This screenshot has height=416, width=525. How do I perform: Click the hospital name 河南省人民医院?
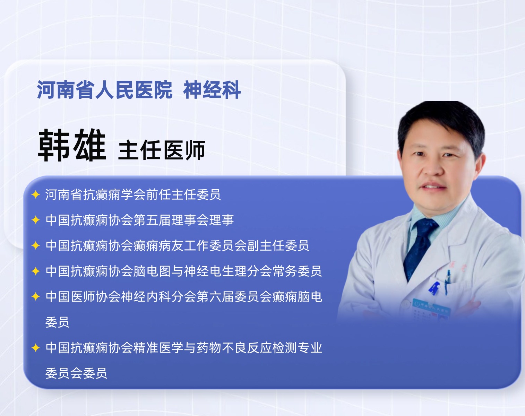coord(105,90)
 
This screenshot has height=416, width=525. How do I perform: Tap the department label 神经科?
coord(212,90)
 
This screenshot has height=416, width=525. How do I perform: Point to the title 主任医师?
coord(162,150)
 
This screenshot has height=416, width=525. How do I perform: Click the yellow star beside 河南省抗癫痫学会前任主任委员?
coord(36,195)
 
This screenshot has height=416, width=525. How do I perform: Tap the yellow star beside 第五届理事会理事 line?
coord(36,220)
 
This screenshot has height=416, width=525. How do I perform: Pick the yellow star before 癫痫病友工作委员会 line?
coord(36,245)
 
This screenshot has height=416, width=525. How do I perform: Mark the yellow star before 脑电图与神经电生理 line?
coord(36,271)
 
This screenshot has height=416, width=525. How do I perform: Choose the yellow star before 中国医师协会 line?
coord(36,297)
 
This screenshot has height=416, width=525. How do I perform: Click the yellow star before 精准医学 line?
coord(36,348)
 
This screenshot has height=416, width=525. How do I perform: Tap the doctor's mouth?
coord(433,187)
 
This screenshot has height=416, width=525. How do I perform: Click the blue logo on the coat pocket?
coord(434,288)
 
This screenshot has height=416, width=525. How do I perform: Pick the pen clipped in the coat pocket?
coord(448,280)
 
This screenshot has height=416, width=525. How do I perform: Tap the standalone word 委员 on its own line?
coord(58,322)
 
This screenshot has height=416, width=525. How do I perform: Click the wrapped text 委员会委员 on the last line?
coord(76,373)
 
